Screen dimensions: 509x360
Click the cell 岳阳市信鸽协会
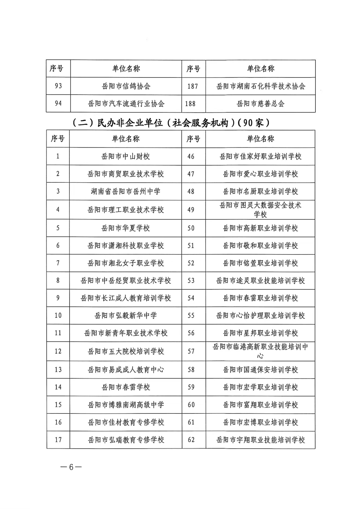coord(126,86)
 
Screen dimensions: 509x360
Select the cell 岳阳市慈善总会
coord(260,104)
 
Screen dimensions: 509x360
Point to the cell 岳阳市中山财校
coord(126,156)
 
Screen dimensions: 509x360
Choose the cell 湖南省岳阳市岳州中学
coord(126,191)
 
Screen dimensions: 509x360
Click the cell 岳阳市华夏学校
coord(126,228)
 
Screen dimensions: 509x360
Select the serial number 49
coord(191,210)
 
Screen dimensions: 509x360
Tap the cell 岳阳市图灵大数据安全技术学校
coord(260,210)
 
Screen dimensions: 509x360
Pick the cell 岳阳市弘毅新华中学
coord(126,315)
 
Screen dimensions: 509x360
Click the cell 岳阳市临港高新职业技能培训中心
coord(260,351)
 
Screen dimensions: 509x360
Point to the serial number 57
coord(191,351)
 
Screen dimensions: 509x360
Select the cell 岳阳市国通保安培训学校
coord(260,369)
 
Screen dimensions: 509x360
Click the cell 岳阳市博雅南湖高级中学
coord(126,405)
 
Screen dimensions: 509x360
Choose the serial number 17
coord(58,440)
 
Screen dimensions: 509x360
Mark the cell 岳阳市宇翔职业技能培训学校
coord(260,440)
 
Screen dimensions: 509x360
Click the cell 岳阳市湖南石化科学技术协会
coord(261,86)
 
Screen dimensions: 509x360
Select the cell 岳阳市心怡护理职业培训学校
coord(260,315)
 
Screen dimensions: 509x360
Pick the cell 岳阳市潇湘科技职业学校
coord(126,246)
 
